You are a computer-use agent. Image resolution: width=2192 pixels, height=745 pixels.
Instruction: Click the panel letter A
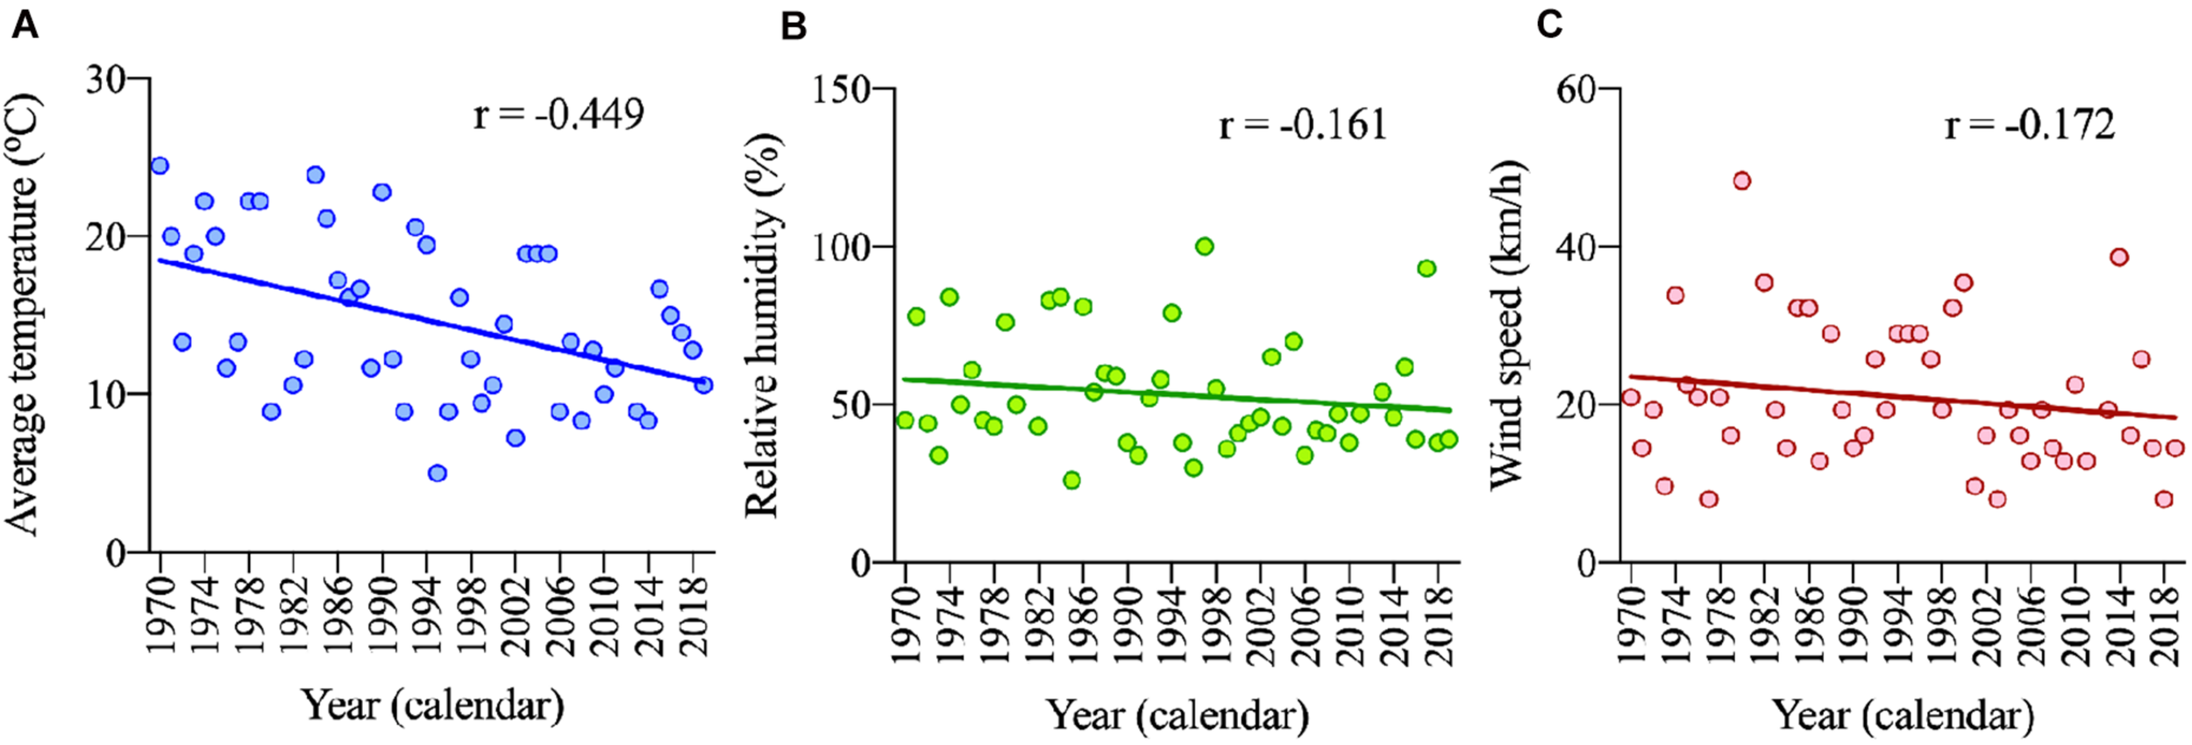(25, 25)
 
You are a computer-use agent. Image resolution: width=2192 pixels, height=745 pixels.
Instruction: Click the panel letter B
(793, 27)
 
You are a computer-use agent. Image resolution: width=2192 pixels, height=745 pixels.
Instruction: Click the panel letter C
(1548, 25)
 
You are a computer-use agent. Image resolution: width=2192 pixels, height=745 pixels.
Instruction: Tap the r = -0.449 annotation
(559, 115)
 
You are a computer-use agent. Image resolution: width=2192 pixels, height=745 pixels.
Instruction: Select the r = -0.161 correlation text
(1303, 125)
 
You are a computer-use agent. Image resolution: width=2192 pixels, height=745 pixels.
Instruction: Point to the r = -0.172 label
(2030, 125)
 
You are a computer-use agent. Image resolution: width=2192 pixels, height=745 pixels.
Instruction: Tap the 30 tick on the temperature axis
(105, 80)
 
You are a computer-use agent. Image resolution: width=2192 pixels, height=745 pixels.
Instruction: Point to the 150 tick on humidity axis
(840, 89)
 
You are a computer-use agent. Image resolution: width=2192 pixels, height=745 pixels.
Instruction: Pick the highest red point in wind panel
(1741, 181)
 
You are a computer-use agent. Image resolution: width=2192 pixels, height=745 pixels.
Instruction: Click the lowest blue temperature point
(438, 473)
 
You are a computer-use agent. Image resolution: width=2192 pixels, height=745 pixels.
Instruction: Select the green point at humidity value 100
(1204, 247)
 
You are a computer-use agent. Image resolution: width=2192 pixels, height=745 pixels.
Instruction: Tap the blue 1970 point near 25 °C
(160, 167)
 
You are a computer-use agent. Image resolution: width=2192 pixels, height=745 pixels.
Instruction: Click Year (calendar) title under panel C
(1903, 716)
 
